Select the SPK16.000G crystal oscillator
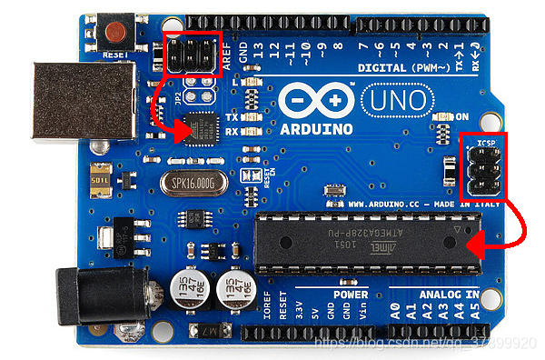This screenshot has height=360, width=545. click(x=193, y=183)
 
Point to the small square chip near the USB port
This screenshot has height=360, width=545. click(x=205, y=129)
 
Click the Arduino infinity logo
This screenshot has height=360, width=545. click(x=314, y=99)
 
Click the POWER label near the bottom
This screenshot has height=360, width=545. click(x=349, y=295)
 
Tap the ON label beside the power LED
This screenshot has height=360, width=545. click(x=461, y=116)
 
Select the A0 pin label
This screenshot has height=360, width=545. click(x=395, y=312)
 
